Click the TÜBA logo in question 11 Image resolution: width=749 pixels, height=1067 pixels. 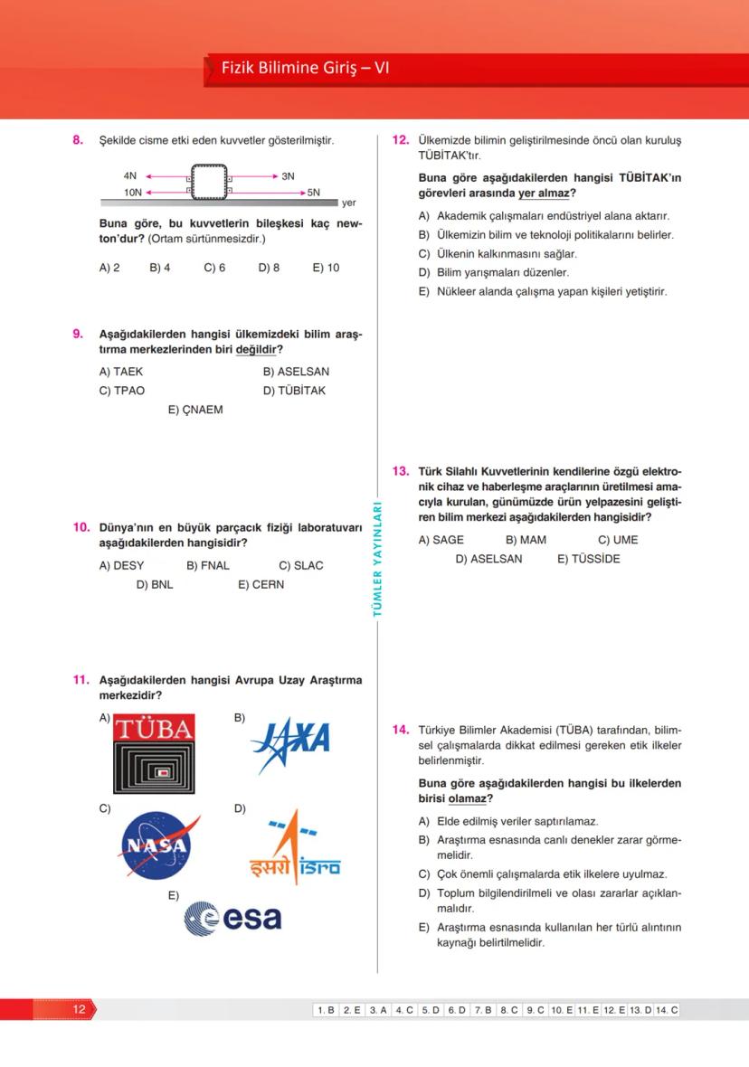click(154, 753)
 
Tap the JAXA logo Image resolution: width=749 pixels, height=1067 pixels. click(289, 743)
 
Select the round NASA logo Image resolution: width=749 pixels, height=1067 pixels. click(156, 846)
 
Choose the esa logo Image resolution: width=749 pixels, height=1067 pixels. click(233, 919)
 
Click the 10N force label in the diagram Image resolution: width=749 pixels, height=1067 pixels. click(132, 193)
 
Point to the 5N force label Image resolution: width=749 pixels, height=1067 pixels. click(314, 193)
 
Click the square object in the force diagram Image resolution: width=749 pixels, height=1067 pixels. click(208, 184)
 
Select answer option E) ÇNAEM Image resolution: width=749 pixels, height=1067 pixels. click(195, 410)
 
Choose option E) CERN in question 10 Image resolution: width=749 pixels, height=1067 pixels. click(261, 584)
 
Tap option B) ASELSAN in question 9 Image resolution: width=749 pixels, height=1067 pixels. click(296, 372)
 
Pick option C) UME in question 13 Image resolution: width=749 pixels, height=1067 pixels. click(618, 540)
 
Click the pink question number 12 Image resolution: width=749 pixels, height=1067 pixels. click(401, 140)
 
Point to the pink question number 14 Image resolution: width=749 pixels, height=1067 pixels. click(401, 730)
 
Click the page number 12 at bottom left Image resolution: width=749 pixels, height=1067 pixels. click(79, 1009)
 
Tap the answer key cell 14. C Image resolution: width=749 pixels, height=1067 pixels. click(668, 1010)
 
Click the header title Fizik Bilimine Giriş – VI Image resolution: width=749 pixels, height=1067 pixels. click(305, 68)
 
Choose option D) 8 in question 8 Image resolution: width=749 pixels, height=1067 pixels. click(269, 268)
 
